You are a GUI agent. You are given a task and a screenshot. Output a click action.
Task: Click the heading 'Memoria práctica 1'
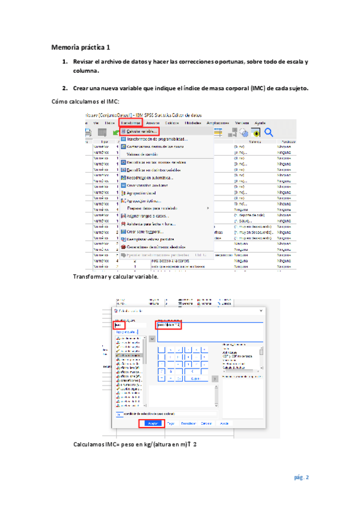tap(81, 46)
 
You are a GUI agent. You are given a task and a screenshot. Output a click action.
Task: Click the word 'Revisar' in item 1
tap(84, 62)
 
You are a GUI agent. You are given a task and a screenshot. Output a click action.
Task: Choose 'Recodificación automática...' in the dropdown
tap(150, 177)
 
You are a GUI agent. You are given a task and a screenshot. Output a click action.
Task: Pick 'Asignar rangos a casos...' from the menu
tap(147, 216)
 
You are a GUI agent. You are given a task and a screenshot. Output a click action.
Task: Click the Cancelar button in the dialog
tap(206, 423)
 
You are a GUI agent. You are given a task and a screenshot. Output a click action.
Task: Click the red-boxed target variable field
tap(121, 325)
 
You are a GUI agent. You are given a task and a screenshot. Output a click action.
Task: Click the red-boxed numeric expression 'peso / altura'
tap(168, 325)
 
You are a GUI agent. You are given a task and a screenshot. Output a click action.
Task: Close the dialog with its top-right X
tap(260, 310)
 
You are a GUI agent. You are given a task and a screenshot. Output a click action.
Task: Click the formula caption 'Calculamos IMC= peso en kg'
tap(135, 444)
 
